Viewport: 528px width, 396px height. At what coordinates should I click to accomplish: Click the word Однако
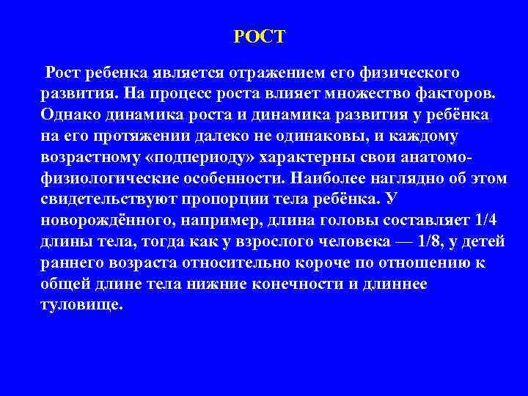(70, 116)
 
